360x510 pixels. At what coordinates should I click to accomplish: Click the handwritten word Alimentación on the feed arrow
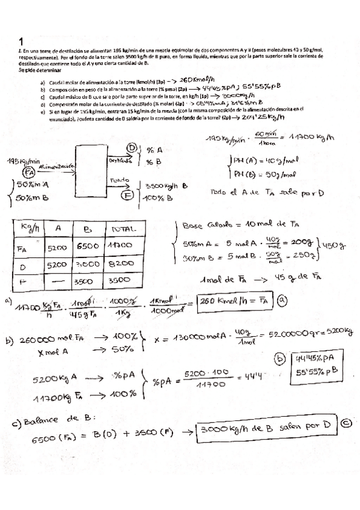point(56,165)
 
